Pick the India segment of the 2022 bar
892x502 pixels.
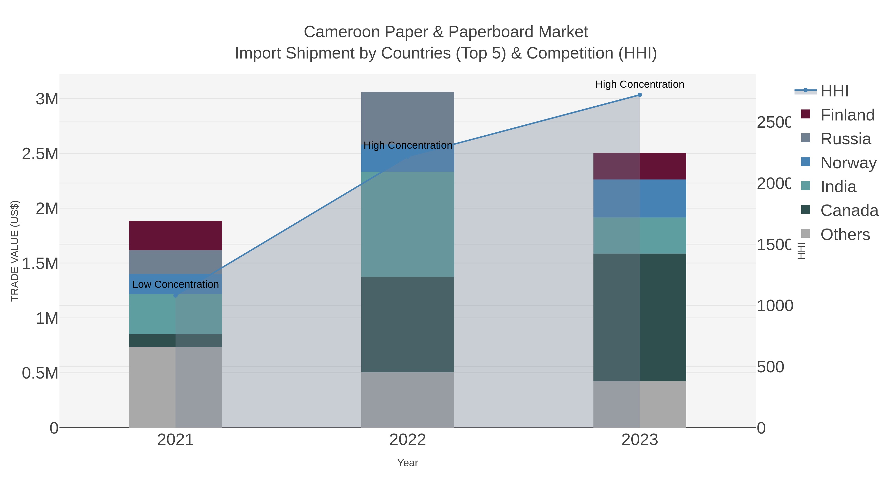[x=408, y=224]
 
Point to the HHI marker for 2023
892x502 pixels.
[x=640, y=95]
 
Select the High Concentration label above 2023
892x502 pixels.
[x=640, y=84]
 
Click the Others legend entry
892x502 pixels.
[x=845, y=235]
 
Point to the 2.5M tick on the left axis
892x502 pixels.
[x=40, y=154]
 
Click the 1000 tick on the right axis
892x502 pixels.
[x=775, y=306]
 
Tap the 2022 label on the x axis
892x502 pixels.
[x=408, y=440]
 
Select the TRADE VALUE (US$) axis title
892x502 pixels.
[x=15, y=251]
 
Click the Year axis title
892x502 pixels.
[x=408, y=463]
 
